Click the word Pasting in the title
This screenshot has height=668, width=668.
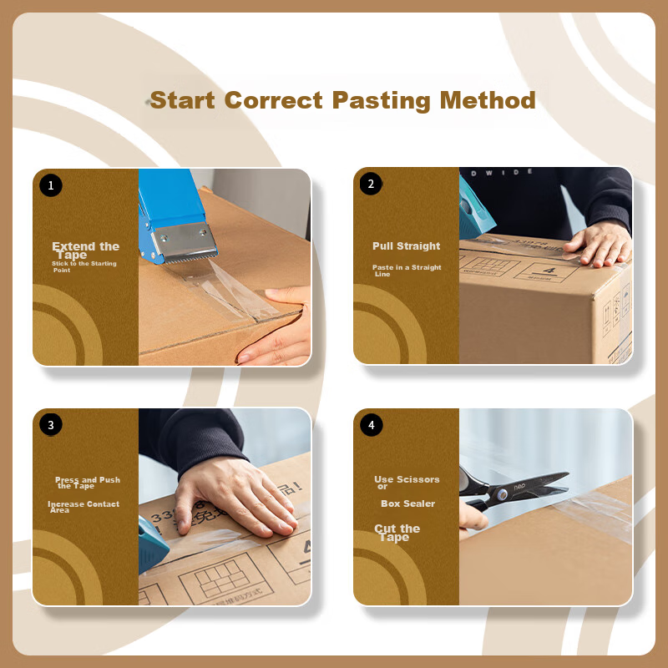381,101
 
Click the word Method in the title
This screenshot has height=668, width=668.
488,101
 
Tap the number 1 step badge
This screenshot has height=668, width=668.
51,185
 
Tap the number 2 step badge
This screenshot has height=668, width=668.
372,185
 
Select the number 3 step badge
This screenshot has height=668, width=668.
51,425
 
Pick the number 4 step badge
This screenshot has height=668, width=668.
372,425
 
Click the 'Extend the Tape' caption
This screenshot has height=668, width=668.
85,250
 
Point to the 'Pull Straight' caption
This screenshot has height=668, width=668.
406,246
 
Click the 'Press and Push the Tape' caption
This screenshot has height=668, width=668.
87,483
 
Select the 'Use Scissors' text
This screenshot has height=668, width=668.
407,479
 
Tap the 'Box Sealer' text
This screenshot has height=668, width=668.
407,504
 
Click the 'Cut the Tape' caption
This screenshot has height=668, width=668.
397,533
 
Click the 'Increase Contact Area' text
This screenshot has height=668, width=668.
83,507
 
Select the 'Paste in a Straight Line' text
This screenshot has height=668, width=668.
406,271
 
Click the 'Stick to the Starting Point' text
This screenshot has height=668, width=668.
83,266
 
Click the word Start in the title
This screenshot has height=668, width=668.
184,101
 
